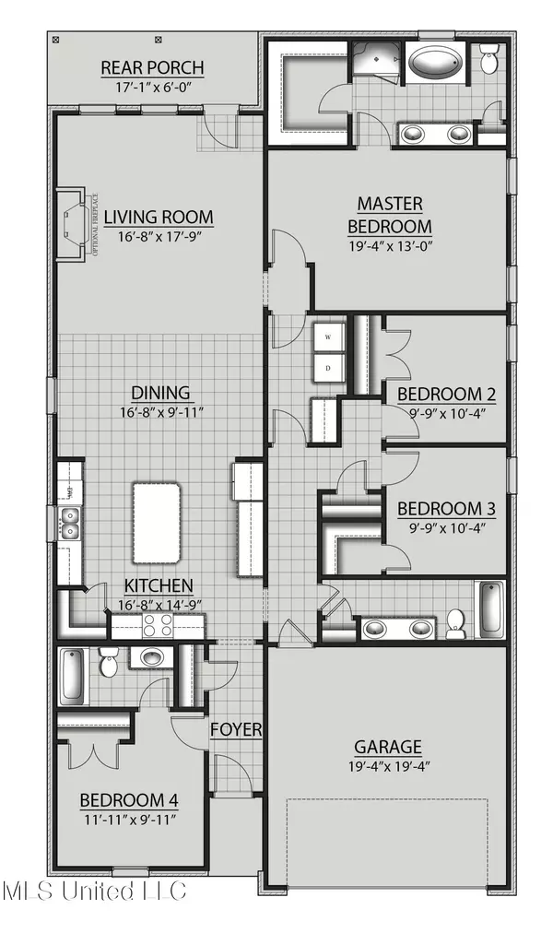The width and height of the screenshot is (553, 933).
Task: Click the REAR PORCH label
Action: (x=152, y=67)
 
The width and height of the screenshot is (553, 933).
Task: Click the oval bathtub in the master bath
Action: (x=437, y=65)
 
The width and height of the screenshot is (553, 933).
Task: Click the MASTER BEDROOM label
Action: (x=389, y=214)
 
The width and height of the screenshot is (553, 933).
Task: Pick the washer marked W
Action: (x=329, y=337)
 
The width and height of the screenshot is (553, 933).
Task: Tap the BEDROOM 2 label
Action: (x=447, y=395)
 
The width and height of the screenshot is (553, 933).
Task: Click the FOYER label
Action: (x=237, y=729)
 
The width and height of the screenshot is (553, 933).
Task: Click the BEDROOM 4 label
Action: (x=128, y=799)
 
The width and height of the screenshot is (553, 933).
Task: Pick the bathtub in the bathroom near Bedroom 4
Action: (x=73, y=676)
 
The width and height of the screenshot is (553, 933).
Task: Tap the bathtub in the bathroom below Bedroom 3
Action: (x=490, y=609)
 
